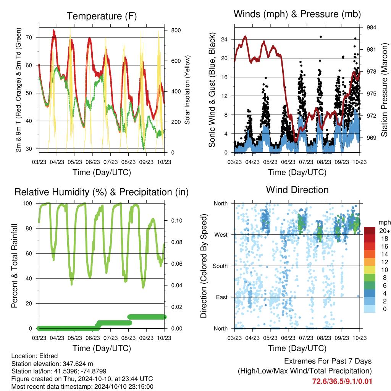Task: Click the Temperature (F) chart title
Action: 102,16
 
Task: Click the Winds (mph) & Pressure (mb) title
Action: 297,14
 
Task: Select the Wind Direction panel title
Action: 297,190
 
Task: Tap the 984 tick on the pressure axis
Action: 371,27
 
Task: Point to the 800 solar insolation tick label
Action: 176,31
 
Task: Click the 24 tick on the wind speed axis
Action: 224,39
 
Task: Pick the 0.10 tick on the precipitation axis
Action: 177,221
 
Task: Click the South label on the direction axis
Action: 220,266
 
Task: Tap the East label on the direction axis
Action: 222,297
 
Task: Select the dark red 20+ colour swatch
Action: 370,231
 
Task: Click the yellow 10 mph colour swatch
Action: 370,270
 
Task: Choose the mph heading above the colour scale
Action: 385,223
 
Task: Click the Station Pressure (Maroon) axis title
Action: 384,90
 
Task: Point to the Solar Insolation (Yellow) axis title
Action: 187,90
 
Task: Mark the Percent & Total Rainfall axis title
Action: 15,266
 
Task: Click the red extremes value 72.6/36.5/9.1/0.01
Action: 342,381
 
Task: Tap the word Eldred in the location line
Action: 48,356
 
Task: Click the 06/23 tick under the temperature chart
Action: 93,162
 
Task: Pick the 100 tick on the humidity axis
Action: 27,204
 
